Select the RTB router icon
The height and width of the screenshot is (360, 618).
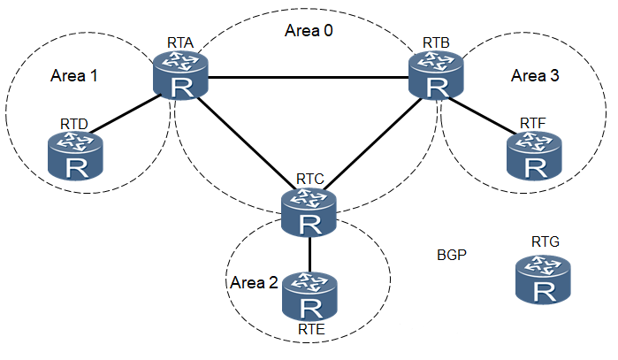click(x=436, y=75)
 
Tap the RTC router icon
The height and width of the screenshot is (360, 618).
click(x=309, y=213)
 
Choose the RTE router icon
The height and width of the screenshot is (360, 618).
click(x=310, y=297)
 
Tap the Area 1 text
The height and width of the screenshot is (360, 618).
click(x=74, y=75)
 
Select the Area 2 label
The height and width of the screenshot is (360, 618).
click(x=254, y=283)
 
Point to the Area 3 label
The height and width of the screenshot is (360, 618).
click(x=535, y=75)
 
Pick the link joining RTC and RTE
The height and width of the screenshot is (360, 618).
click(x=309, y=254)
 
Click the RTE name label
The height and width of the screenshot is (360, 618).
click(x=310, y=331)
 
